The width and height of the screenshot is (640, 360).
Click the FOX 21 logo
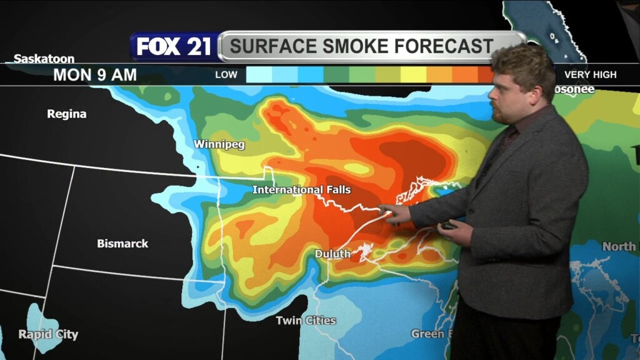tap(174, 47)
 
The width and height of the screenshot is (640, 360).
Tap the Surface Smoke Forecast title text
tap(362, 46)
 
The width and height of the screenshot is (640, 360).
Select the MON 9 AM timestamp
tap(95, 75)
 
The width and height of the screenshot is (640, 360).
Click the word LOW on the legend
tap(226, 75)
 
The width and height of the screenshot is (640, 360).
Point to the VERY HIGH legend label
tap(590, 75)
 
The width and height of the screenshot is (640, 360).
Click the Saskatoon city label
tap(44, 59)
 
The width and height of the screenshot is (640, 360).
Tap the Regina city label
tap(67, 114)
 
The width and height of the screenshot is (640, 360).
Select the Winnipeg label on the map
tap(219, 144)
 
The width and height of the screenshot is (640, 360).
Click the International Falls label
tap(301, 189)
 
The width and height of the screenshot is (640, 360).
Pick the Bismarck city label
tap(122, 244)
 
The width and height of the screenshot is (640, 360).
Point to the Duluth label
tap(332, 254)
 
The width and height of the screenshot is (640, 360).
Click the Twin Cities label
tap(306, 321)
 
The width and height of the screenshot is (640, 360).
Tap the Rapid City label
tap(48, 334)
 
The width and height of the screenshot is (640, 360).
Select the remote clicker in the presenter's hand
tap(447, 226)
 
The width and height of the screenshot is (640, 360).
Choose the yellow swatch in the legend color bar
tap(413, 75)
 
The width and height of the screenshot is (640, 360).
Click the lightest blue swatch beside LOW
tap(259, 75)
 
